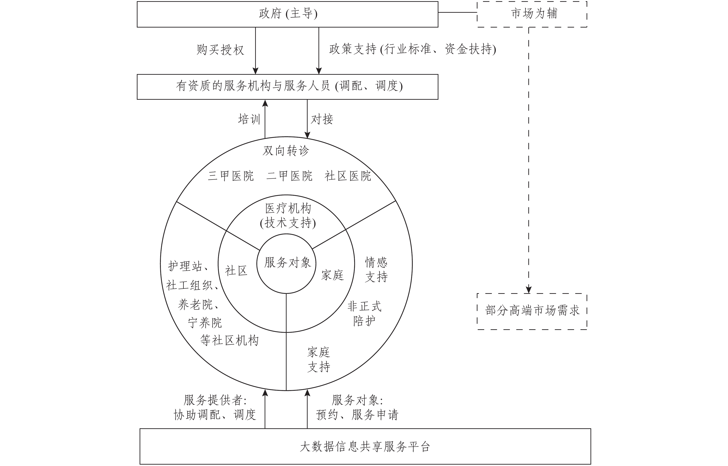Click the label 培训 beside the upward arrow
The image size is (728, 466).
(x=249, y=119)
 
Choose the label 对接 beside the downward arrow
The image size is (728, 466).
(x=322, y=119)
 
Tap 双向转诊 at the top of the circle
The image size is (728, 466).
(x=286, y=150)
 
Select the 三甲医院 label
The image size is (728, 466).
(x=231, y=176)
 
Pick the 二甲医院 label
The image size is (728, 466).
(x=289, y=176)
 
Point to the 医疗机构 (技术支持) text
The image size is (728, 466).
(x=288, y=215)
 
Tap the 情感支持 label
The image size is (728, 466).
(x=376, y=269)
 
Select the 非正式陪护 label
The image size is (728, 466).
(x=364, y=314)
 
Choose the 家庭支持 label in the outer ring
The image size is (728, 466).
(x=319, y=360)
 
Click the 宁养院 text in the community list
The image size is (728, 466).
(x=205, y=323)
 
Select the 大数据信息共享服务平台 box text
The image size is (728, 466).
(x=365, y=447)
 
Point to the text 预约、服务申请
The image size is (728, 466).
(x=357, y=415)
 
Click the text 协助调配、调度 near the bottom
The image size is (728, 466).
(x=215, y=415)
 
